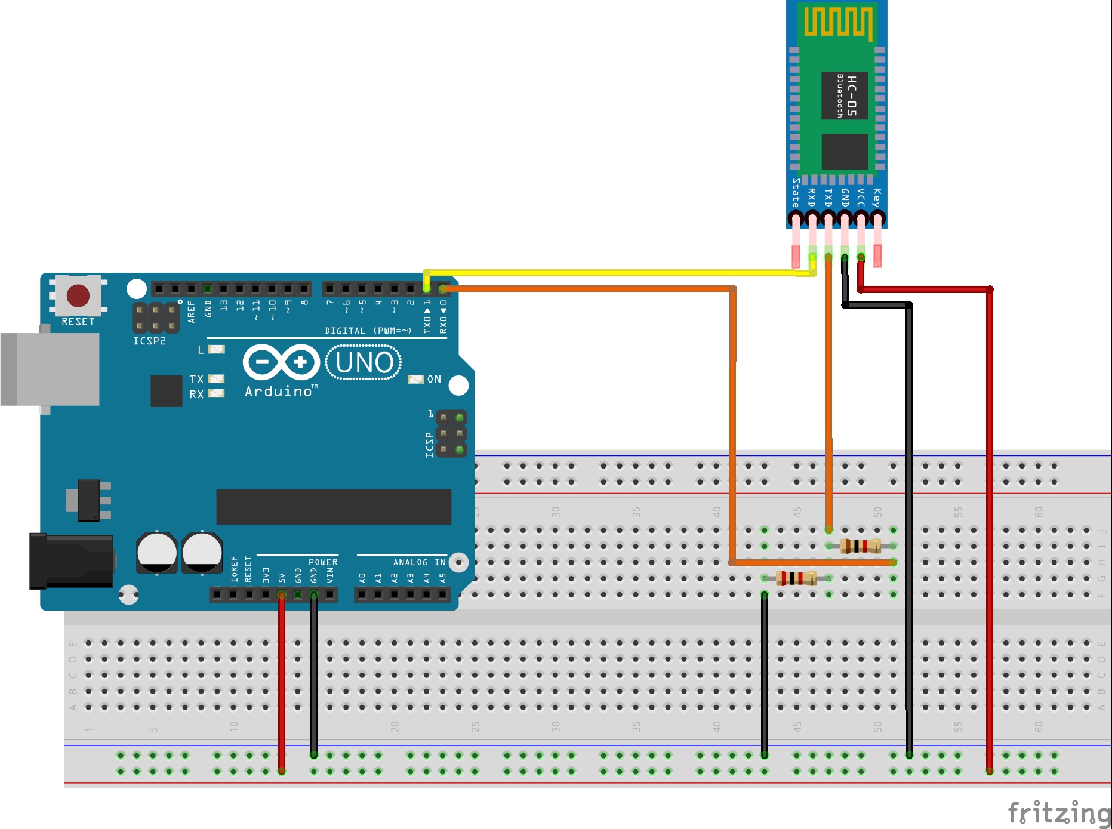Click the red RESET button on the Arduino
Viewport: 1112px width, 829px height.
click(x=78, y=295)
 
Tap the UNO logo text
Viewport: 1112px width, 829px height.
click(x=364, y=362)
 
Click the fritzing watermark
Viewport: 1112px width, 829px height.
click(x=1058, y=813)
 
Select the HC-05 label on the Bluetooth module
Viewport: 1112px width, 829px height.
click(x=851, y=95)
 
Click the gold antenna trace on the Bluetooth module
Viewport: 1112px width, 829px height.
click(x=838, y=22)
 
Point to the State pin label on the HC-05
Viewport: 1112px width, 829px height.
click(x=796, y=192)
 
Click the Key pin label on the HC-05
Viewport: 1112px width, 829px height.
click(x=876, y=198)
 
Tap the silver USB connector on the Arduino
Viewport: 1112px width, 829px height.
click(x=51, y=369)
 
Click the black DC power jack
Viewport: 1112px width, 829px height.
click(x=72, y=562)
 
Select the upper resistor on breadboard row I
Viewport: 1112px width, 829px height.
click(x=860, y=546)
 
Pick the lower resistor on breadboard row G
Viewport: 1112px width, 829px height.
click(x=796, y=578)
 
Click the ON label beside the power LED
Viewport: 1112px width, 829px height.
click(x=434, y=379)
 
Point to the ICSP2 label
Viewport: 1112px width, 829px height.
click(x=149, y=341)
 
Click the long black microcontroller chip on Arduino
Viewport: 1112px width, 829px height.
click(x=334, y=507)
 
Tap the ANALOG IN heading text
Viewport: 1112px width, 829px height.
click(x=419, y=562)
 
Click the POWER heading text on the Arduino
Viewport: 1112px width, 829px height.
click(x=323, y=562)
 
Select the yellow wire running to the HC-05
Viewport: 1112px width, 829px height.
click(x=621, y=273)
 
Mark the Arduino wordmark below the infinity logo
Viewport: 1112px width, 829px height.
click(x=279, y=392)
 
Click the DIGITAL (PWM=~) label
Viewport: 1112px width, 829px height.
click(x=368, y=331)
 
